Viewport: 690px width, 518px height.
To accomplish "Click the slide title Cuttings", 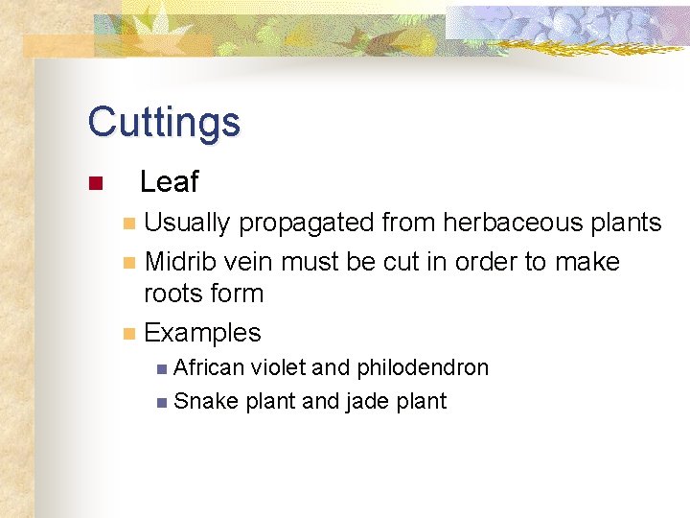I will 164,123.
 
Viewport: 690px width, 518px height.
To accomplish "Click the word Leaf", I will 169,181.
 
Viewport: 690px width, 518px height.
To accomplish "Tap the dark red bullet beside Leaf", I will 94,183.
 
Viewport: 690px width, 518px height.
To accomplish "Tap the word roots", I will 172,294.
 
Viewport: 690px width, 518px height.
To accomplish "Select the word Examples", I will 202,334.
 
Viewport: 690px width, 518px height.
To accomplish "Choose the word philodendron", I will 423,367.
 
